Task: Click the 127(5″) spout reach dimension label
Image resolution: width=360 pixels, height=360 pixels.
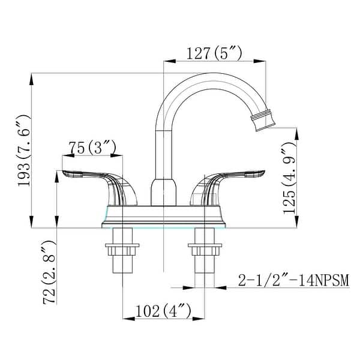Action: coord(214,53)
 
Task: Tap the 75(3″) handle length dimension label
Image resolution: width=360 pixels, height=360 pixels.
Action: coord(89,148)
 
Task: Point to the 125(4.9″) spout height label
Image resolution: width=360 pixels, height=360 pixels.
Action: coord(289,178)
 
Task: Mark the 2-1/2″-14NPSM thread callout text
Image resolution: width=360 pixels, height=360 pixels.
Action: coord(284,281)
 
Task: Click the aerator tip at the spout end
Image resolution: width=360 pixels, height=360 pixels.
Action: coord(263,121)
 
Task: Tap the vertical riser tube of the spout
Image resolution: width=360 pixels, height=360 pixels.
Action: coord(162,150)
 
